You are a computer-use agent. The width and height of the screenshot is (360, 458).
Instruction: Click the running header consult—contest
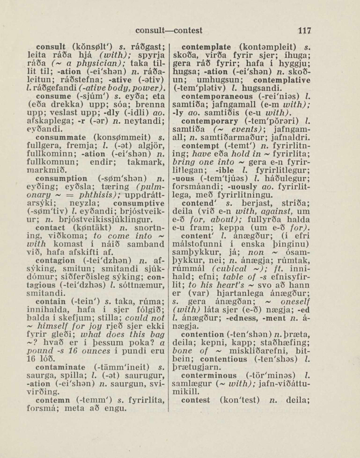click(x=169, y=31)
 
